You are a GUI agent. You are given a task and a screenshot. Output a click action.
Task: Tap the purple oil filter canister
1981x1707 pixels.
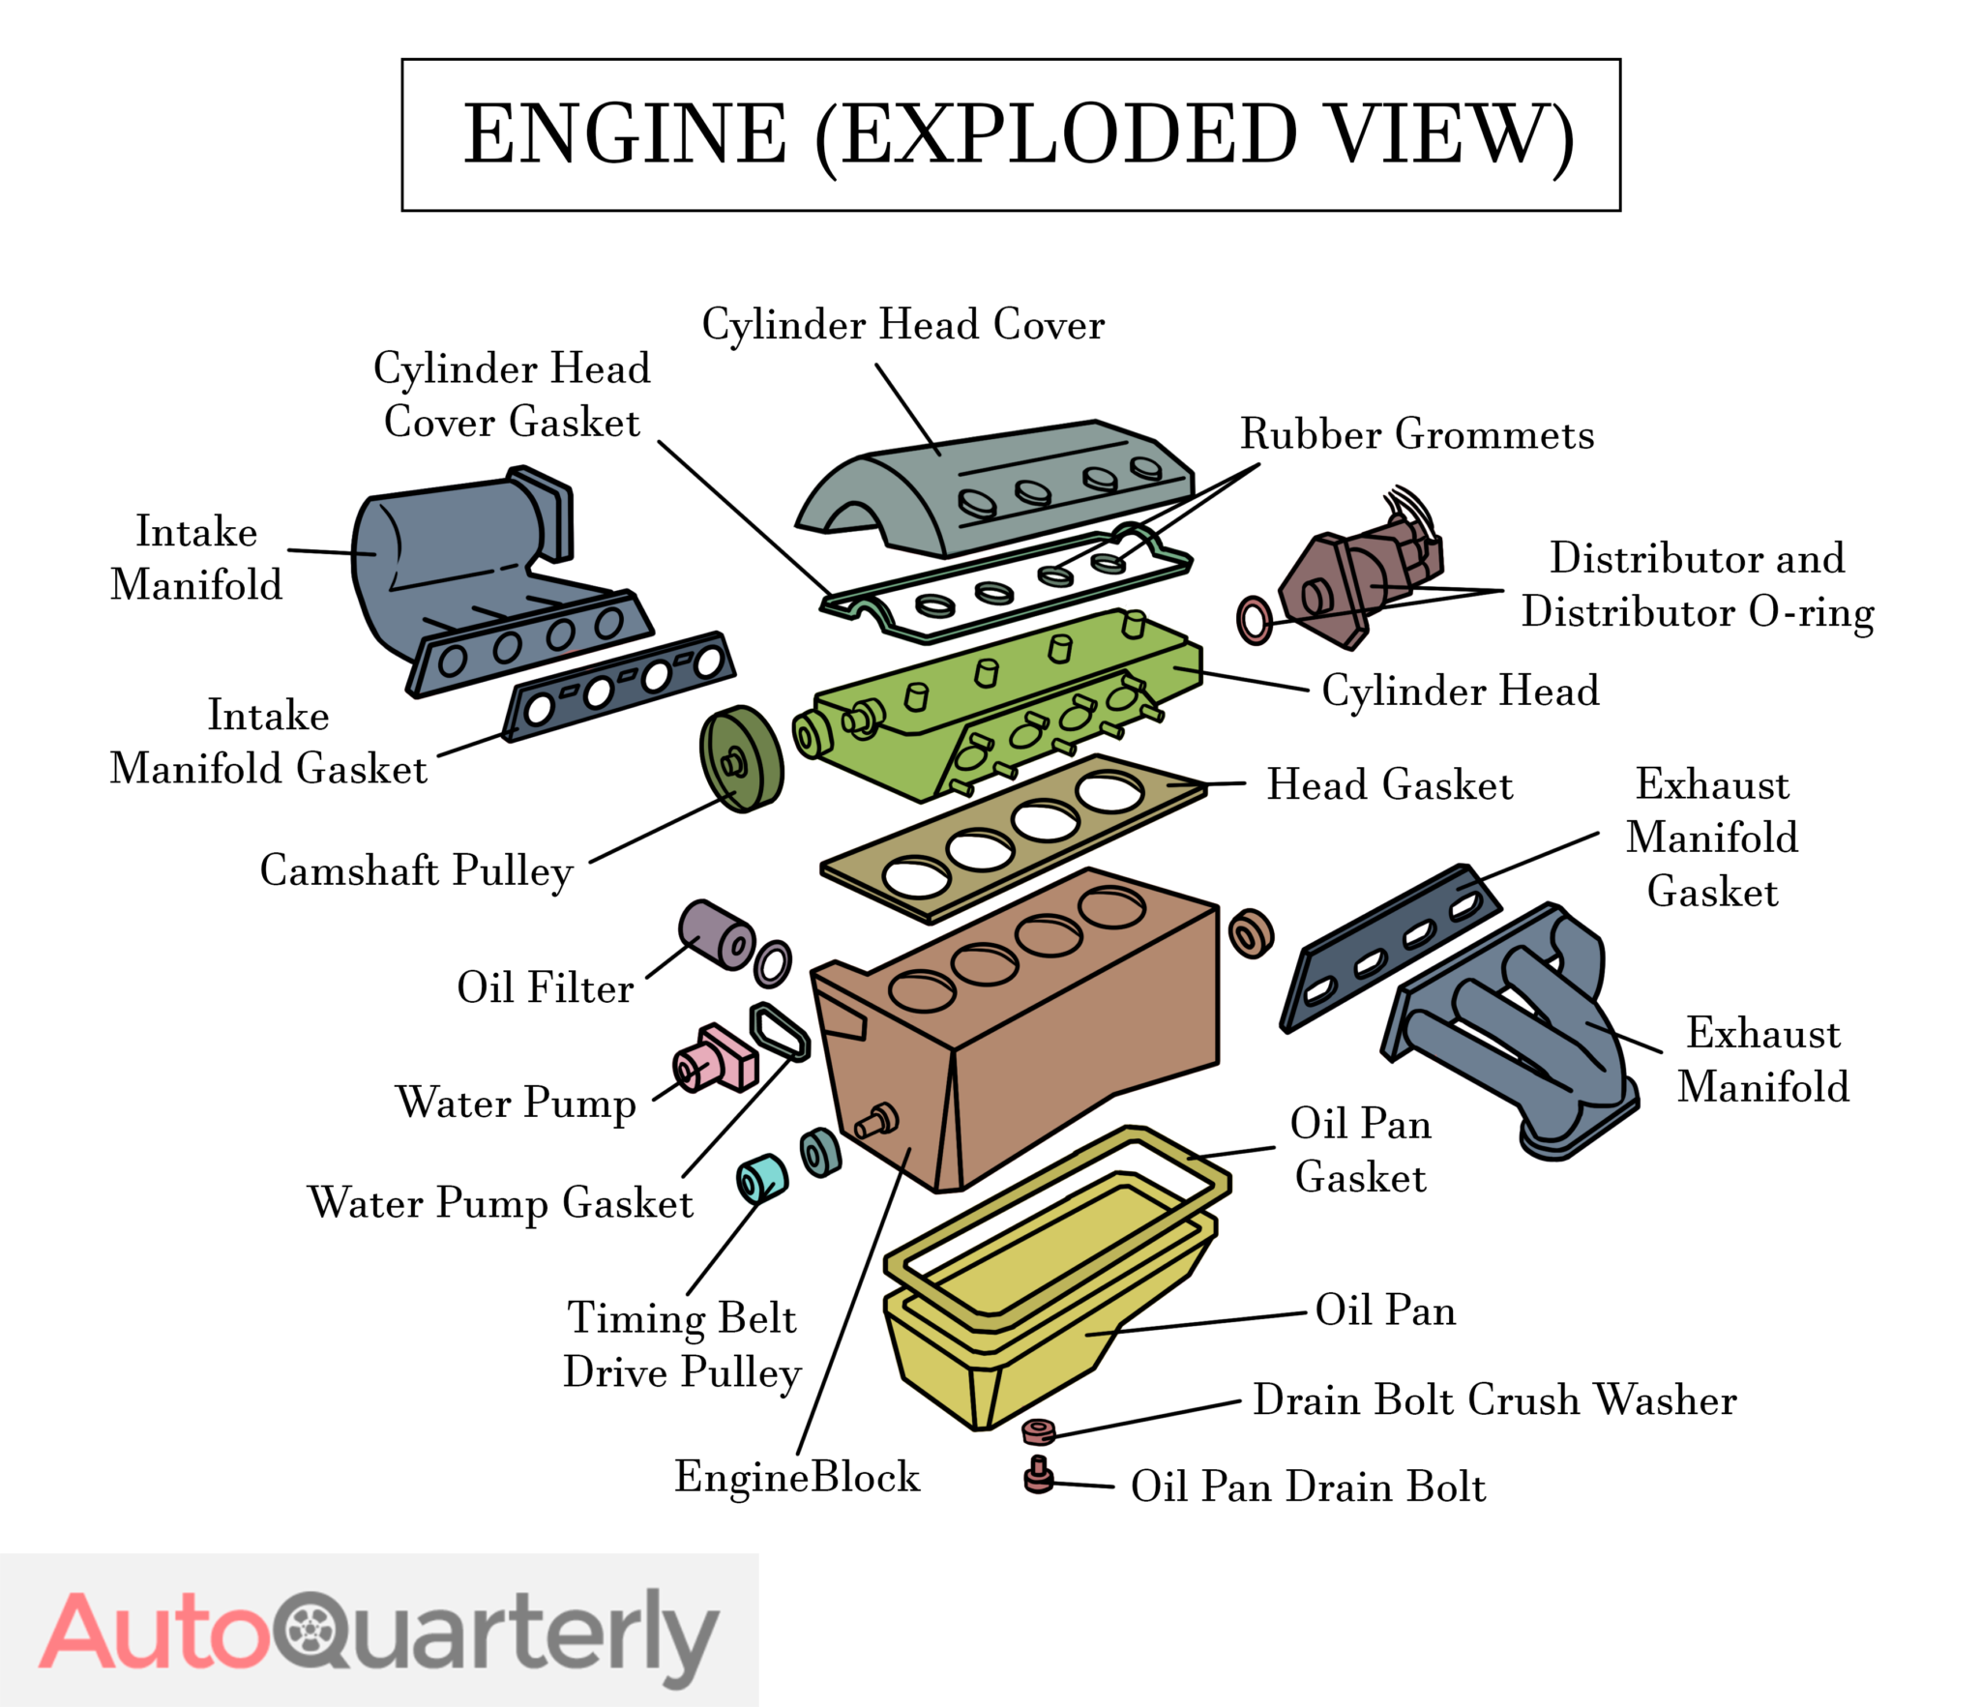pyautogui.click(x=714, y=932)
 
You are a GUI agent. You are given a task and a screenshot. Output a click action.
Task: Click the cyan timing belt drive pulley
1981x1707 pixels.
pyautogui.click(x=761, y=1177)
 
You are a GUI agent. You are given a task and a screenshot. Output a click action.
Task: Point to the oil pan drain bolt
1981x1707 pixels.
pyautogui.click(x=1038, y=1477)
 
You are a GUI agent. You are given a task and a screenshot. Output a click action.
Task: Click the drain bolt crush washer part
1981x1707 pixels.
pyautogui.click(x=1038, y=1430)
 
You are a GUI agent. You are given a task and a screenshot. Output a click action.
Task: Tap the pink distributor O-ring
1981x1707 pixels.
pyautogui.click(x=1254, y=620)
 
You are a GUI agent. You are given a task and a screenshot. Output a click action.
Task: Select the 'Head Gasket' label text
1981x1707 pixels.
pyautogui.click(x=1389, y=784)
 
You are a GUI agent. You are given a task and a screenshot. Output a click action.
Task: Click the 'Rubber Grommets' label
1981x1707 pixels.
pyautogui.click(x=1416, y=434)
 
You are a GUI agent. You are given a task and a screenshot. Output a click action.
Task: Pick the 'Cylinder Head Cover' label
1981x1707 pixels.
pyautogui.click(x=902, y=325)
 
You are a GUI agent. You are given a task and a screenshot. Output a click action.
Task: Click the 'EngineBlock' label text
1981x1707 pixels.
pyautogui.click(x=797, y=1477)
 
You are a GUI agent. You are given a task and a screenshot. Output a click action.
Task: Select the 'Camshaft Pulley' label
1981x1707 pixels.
pyautogui.click(x=417, y=870)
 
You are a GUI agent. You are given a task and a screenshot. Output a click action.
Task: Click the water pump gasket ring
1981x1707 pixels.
pyautogui.click(x=780, y=1032)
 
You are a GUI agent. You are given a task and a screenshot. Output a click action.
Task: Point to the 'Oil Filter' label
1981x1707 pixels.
pyautogui.click(x=545, y=987)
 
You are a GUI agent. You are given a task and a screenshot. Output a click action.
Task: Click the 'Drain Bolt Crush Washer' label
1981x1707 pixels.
pyautogui.click(x=1494, y=1399)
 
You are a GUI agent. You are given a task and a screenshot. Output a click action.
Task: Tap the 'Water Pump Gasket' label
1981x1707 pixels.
pyautogui.click(x=500, y=1203)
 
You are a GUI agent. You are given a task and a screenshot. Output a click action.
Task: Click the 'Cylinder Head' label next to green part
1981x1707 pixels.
pyautogui.click(x=1460, y=691)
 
